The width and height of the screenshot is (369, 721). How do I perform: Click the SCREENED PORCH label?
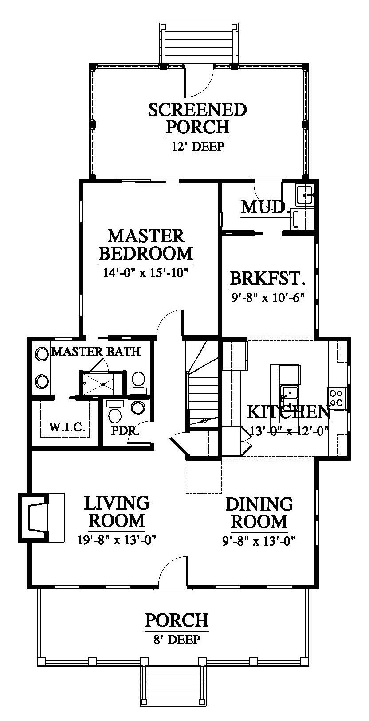pos(197,118)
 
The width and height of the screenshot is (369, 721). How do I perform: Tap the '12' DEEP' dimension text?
pos(197,147)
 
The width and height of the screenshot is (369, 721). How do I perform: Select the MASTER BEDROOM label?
pos(145,244)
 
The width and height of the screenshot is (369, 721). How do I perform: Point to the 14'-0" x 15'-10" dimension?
pos(145,273)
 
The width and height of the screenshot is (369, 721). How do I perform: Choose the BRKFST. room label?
pos(267,279)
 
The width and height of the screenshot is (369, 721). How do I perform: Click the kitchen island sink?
pos(289,393)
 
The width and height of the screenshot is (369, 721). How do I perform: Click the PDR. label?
pos(126,430)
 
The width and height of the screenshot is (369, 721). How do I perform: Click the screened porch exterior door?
pos(199,81)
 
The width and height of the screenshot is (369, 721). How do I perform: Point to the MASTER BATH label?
pos(96,352)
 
